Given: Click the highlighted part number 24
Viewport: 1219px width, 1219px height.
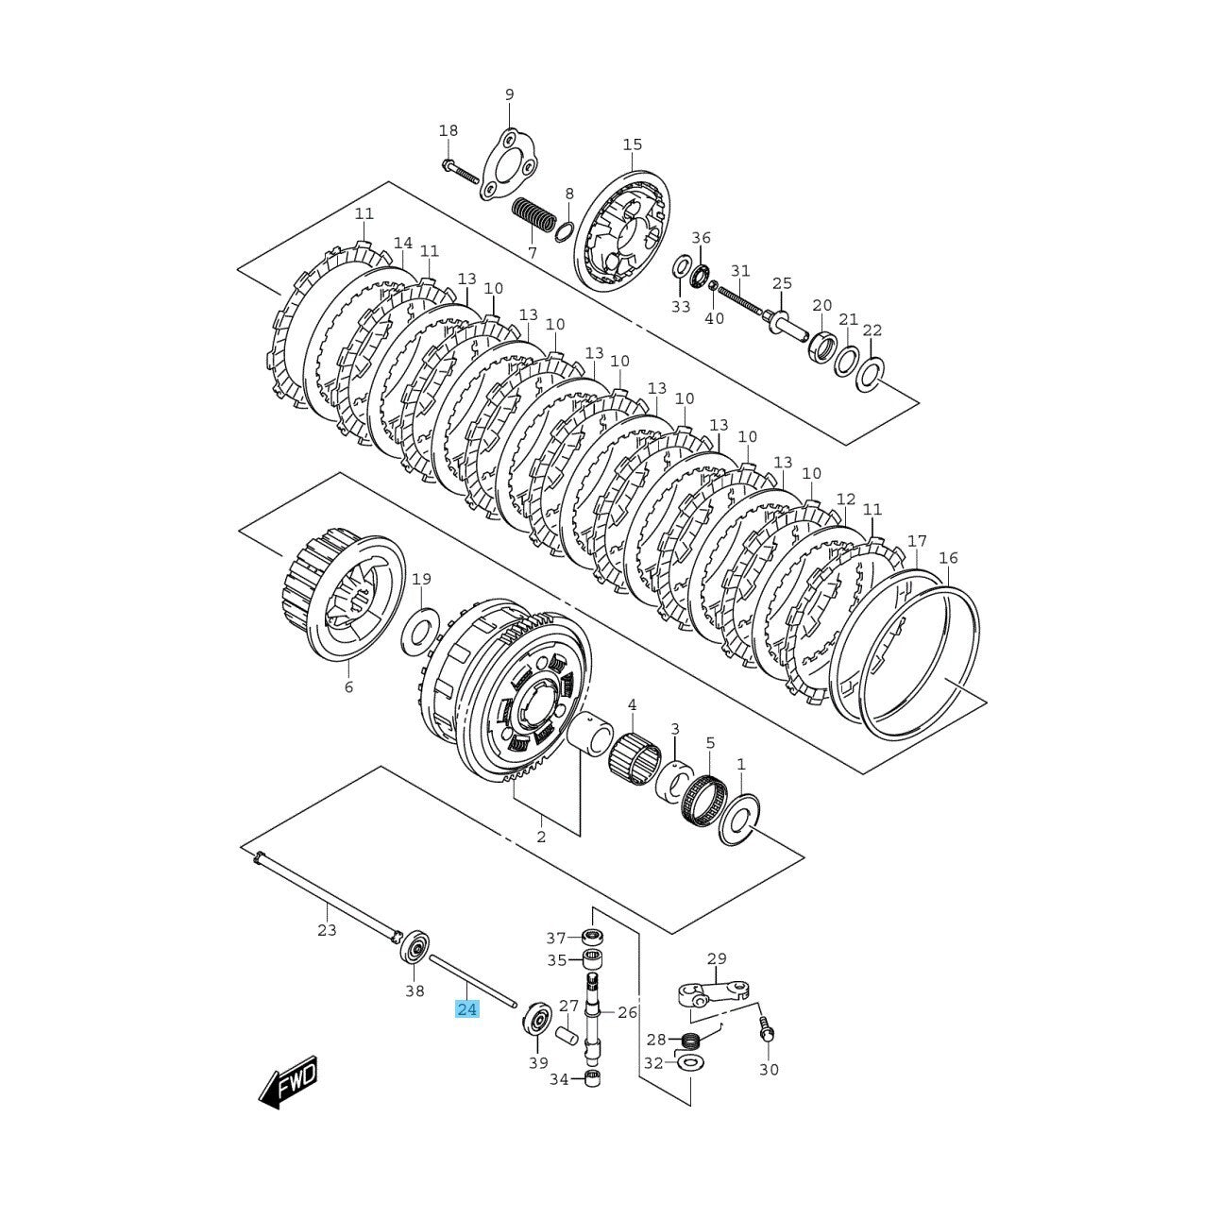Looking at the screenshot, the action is pyautogui.click(x=466, y=1026).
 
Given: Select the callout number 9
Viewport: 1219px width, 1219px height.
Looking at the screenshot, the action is pyautogui.click(x=509, y=94).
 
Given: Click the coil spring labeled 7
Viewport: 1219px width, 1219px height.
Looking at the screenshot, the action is pyautogui.click(x=533, y=219).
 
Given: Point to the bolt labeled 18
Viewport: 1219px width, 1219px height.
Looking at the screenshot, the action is pyautogui.click(x=460, y=172).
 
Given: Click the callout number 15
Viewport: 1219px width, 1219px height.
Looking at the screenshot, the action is pyautogui.click(x=632, y=144).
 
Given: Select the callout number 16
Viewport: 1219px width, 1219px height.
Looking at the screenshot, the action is pyautogui.click(x=948, y=558).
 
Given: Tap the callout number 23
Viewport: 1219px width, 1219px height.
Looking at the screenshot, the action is pyautogui.click(x=327, y=931).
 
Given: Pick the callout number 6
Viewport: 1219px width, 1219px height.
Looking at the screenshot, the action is pyautogui.click(x=348, y=687).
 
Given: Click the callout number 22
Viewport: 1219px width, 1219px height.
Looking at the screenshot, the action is pyautogui.click(x=872, y=330).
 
